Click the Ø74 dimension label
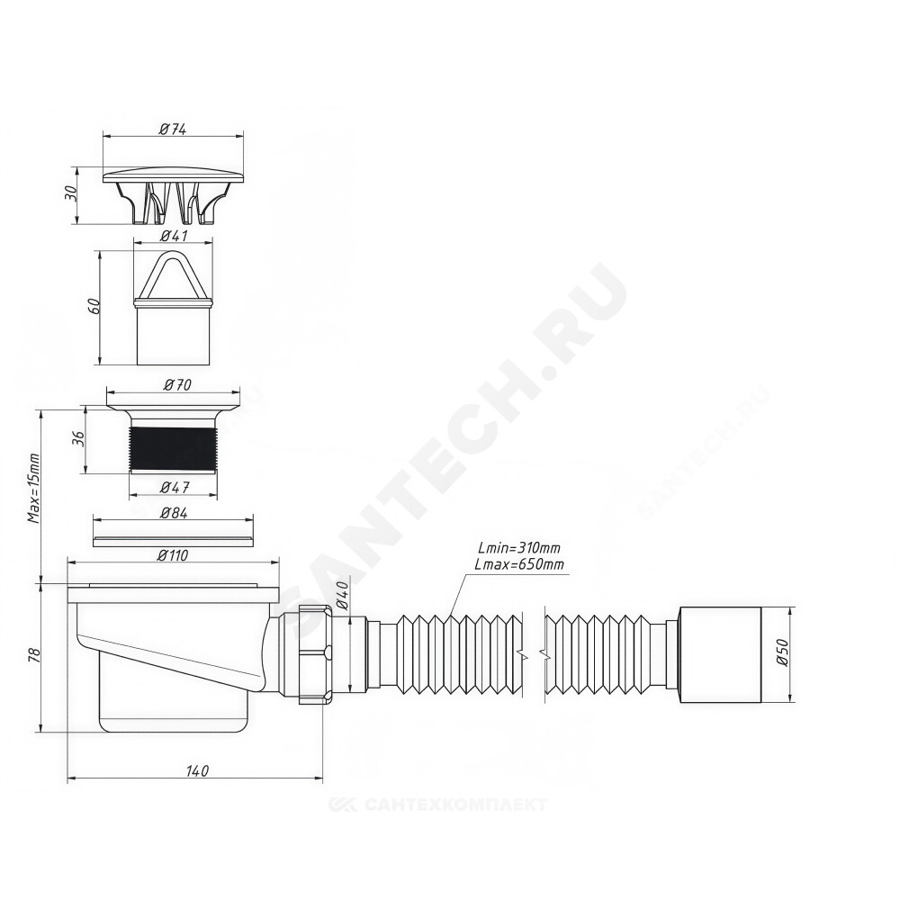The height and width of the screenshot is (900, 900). pos(173,129)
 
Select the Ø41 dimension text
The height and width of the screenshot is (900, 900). pos(173,235)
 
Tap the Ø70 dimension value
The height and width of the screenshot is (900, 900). pos(176,384)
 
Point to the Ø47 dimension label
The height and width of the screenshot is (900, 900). pos(175,488)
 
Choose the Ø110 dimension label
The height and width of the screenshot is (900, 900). pos(172,555)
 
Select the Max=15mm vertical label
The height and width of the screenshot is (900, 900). pos(34,489)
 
